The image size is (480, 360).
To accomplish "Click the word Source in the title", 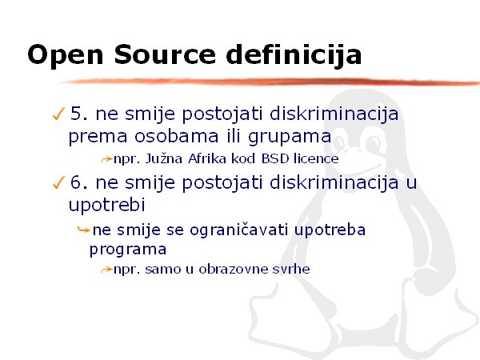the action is [166, 54].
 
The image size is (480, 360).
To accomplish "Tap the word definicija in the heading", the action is [294, 55].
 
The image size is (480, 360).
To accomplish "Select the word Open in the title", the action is [66, 56].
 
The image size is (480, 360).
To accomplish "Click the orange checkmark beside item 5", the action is [58, 114].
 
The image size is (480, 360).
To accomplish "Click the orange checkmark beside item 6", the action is [58, 182].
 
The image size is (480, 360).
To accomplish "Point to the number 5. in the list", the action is [79, 114].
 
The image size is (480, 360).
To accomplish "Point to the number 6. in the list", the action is [79, 182].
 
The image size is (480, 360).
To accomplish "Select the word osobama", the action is [177, 136].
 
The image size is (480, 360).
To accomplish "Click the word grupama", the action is [290, 137].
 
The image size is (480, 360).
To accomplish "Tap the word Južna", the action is [164, 158].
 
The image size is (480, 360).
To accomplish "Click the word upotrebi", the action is [107, 206].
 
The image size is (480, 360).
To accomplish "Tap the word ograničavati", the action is [238, 230].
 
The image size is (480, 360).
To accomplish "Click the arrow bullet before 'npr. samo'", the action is [107, 270].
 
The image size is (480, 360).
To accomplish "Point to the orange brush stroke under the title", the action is [270, 82].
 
